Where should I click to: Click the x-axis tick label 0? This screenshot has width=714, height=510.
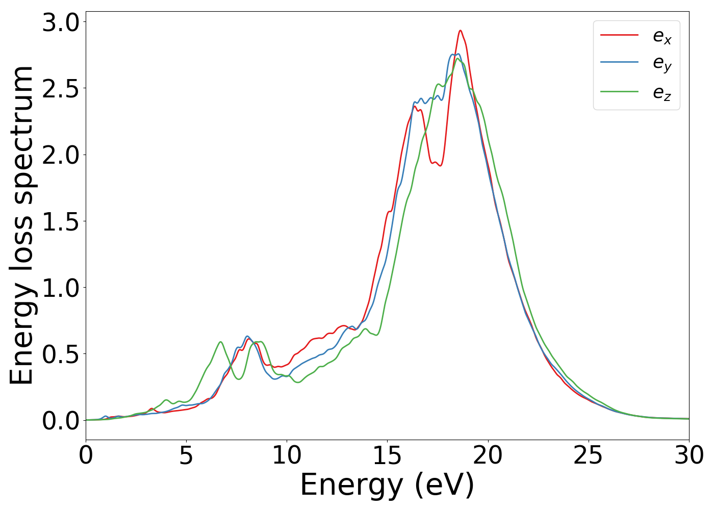tap(86, 455)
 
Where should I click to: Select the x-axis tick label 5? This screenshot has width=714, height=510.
tap(186, 455)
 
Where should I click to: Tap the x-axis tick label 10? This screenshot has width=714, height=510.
tap(287, 455)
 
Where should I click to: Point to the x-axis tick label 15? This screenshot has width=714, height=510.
tap(387, 455)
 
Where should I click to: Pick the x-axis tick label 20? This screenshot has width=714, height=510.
tap(488, 455)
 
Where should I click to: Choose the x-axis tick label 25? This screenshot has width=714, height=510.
tap(589, 455)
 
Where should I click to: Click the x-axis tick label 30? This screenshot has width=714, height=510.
tap(689, 455)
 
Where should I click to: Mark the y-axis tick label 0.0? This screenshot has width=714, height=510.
tap(61, 421)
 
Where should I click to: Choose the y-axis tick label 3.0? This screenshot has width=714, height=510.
tap(61, 23)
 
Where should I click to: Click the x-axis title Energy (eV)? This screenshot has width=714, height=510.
tap(387, 485)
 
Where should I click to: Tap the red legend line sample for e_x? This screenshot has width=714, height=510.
tap(620, 35)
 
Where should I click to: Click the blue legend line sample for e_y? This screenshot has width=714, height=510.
tap(620, 63)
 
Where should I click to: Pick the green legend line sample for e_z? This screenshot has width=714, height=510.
tap(620, 92)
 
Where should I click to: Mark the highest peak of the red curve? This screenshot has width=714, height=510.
tap(460, 31)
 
